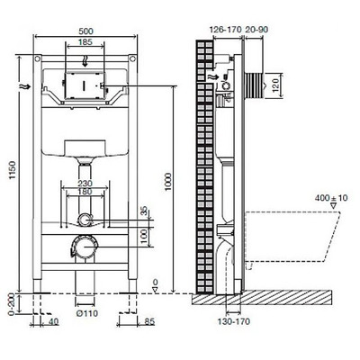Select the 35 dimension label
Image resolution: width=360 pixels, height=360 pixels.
tap(143, 212)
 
